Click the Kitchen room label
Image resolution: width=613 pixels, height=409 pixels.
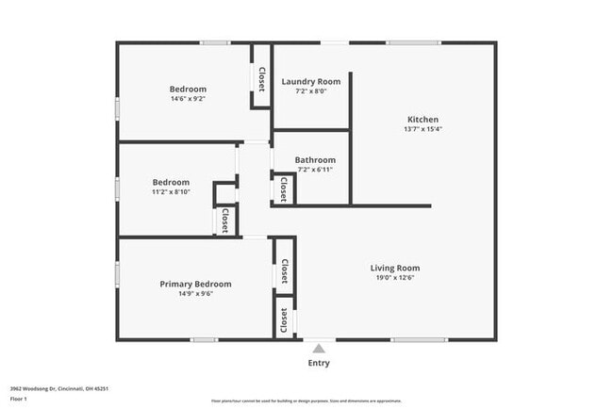coord(422,120)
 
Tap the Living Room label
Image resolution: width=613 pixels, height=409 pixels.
coord(394,269)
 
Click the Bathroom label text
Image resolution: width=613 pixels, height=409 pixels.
coord(314,160)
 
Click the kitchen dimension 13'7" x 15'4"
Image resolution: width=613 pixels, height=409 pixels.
coord(422,130)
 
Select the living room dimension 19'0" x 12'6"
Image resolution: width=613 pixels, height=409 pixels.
coord(394,279)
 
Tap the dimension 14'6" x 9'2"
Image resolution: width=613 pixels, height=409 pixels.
coord(188,99)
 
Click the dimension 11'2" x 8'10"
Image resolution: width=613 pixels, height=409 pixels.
coord(171,192)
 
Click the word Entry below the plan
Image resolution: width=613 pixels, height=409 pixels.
coord(319,364)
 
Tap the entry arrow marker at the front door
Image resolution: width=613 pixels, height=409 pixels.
coord(319,347)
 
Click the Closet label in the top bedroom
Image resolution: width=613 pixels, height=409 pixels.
coord(260,77)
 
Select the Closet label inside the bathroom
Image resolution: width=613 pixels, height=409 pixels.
coord(283,189)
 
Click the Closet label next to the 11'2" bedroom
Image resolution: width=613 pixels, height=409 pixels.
coord(224,221)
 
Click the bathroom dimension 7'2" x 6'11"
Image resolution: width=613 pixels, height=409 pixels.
coord(314,171)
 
